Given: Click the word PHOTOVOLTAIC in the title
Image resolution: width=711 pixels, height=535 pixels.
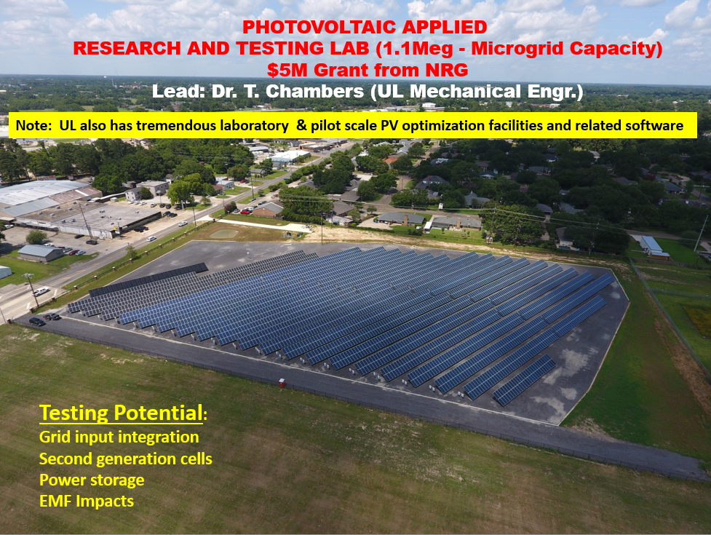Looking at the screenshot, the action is [x=319, y=27].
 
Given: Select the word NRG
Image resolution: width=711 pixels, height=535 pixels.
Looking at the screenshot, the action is [x=447, y=71].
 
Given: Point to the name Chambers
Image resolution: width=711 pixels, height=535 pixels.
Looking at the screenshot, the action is [x=314, y=92].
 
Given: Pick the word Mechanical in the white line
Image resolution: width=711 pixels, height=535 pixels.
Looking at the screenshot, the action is [x=465, y=92].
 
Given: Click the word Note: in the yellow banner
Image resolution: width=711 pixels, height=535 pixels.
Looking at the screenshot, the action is [x=34, y=126].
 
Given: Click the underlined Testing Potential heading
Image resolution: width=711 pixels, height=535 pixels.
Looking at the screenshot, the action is [x=122, y=413].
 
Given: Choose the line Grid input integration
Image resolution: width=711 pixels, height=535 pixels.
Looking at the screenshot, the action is [x=119, y=437].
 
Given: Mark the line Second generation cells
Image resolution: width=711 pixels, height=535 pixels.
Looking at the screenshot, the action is [x=126, y=459].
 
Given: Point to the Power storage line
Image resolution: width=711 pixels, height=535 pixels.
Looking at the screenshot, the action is [x=92, y=480].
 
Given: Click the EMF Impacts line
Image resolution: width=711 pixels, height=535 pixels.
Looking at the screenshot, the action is [x=87, y=502].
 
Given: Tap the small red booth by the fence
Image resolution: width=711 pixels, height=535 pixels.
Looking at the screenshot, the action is [x=282, y=383].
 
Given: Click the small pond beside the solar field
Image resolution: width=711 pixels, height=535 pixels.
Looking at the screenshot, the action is [x=224, y=234].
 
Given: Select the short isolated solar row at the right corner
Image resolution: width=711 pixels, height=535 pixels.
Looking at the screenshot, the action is [x=525, y=379].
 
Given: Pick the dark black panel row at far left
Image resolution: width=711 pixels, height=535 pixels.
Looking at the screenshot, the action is [x=148, y=280].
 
